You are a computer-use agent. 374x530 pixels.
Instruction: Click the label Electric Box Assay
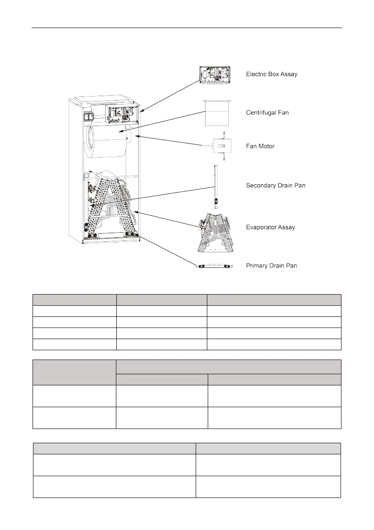tap(271, 74)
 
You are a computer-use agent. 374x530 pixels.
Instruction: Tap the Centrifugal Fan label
tap(267, 113)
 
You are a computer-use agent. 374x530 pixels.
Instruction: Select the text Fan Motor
tap(260, 146)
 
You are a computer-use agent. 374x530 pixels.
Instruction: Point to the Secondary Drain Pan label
tap(275, 186)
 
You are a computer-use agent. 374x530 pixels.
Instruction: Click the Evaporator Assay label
tap(270, 227)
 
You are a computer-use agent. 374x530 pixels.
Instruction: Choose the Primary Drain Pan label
tap(271, 266)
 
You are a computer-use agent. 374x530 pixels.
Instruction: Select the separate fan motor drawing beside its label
tap(218, 146)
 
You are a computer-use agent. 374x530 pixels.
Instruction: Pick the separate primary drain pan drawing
tap(214, 266)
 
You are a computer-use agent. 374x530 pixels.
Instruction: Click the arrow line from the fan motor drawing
tap(169, 140)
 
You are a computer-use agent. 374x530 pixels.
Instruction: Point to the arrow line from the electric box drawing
tap(169, 95)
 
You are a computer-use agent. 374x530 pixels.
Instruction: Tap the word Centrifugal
tap(261, 113)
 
